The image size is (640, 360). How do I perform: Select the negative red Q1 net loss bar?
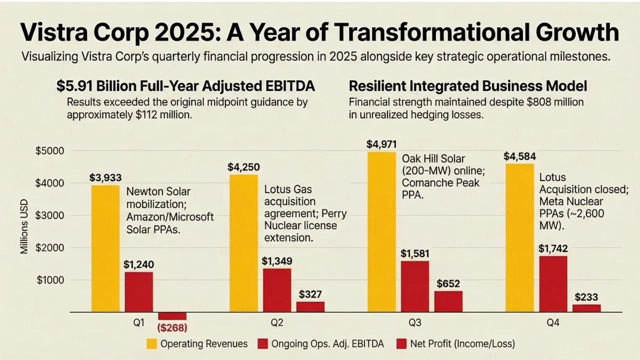[x=172, y=316]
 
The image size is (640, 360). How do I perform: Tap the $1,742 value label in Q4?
[x=553, y=248]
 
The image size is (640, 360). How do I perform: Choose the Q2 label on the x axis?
[x=276, y=323]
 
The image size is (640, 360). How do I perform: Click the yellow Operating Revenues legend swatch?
[x=151, y=343]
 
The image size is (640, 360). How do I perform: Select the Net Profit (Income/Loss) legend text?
[x=462, y=343]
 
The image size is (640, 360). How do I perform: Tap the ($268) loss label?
[x=172, y=328]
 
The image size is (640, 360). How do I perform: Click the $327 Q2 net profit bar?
[x=310, y=307]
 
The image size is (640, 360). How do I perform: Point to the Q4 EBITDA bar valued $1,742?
[x=552, y=284]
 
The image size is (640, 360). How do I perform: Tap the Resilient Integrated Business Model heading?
[x=468, y=86]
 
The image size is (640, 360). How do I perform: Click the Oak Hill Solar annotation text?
[x=440, y=176]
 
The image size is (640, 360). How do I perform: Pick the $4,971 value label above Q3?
[x=381, y=144]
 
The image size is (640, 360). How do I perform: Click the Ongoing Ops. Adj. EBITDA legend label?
[x=328, y=343]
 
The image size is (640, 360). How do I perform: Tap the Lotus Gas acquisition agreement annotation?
[x=305, y=214]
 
